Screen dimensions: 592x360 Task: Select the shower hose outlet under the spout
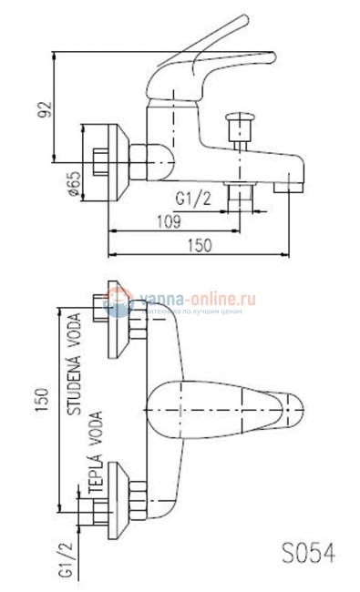(242, 192)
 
